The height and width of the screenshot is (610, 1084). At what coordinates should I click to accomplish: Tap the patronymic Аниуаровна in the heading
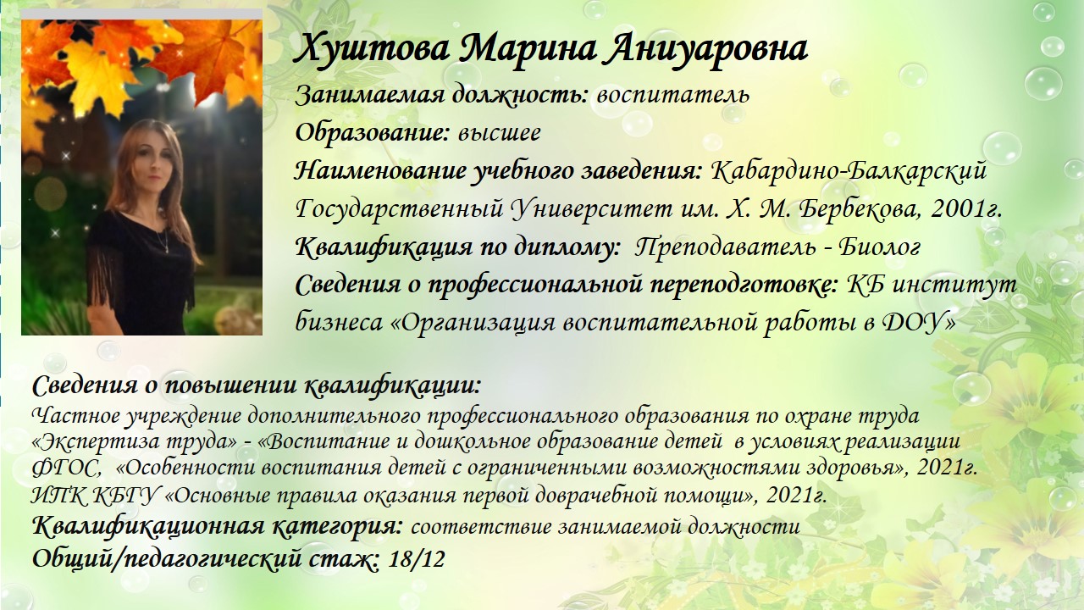point(705,50)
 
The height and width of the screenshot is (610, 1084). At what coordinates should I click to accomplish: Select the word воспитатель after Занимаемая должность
point(673,96)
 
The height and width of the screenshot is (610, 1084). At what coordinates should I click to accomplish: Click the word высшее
point(499,133)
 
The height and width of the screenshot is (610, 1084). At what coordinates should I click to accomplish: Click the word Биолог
point(879,247)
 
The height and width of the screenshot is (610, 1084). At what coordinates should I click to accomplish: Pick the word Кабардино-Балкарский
point(849,171)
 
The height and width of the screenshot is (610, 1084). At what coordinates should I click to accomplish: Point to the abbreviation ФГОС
point(65,469)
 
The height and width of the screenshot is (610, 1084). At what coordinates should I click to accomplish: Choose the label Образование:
point(373,133)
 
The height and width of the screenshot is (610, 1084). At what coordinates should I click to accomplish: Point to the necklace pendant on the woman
point(168,250)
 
